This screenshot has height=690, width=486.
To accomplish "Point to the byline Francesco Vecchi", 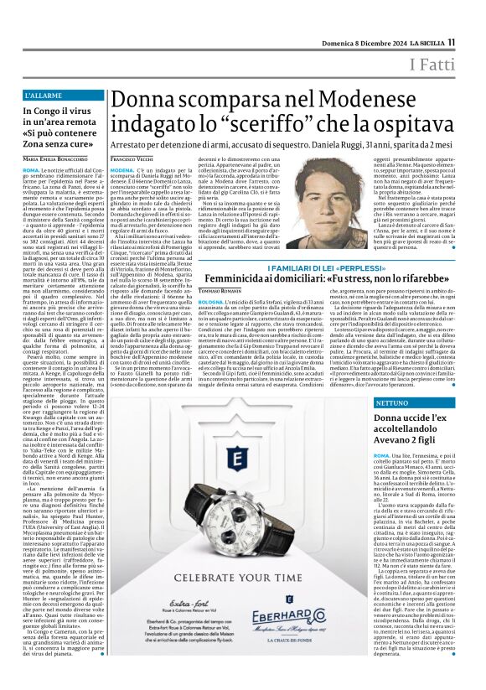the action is point(131,135).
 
